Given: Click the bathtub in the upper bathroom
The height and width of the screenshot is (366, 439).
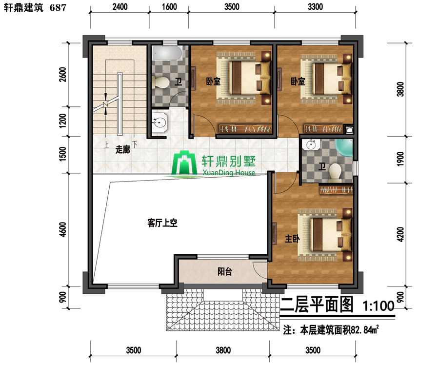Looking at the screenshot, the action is point(167,53).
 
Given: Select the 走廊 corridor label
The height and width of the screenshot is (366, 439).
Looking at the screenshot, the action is point(123,149).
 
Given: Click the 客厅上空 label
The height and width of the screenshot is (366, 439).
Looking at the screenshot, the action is point(162,223).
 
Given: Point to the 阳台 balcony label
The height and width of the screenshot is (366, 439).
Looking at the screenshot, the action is point(224,271).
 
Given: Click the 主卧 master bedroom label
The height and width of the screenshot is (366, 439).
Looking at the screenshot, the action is point(292,239).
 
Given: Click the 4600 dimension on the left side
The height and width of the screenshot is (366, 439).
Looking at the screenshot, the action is point(63,229).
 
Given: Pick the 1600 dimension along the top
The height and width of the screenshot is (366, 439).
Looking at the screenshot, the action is point(169,7).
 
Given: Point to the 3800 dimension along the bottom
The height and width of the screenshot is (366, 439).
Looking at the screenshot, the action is point(223,350).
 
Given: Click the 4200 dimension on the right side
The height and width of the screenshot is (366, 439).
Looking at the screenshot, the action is point(400,234).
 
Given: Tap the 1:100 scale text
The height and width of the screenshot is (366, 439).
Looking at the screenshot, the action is point(379,306).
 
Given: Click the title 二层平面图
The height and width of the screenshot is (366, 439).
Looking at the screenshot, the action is point(317,305).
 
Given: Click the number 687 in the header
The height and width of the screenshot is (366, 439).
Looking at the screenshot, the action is point(58,7).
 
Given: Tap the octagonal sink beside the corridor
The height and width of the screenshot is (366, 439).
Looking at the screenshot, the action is point(160,122).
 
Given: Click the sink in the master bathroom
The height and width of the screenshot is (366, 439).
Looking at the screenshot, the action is point(311,145).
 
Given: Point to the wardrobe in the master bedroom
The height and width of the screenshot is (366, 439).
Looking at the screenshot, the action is point(336,190).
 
